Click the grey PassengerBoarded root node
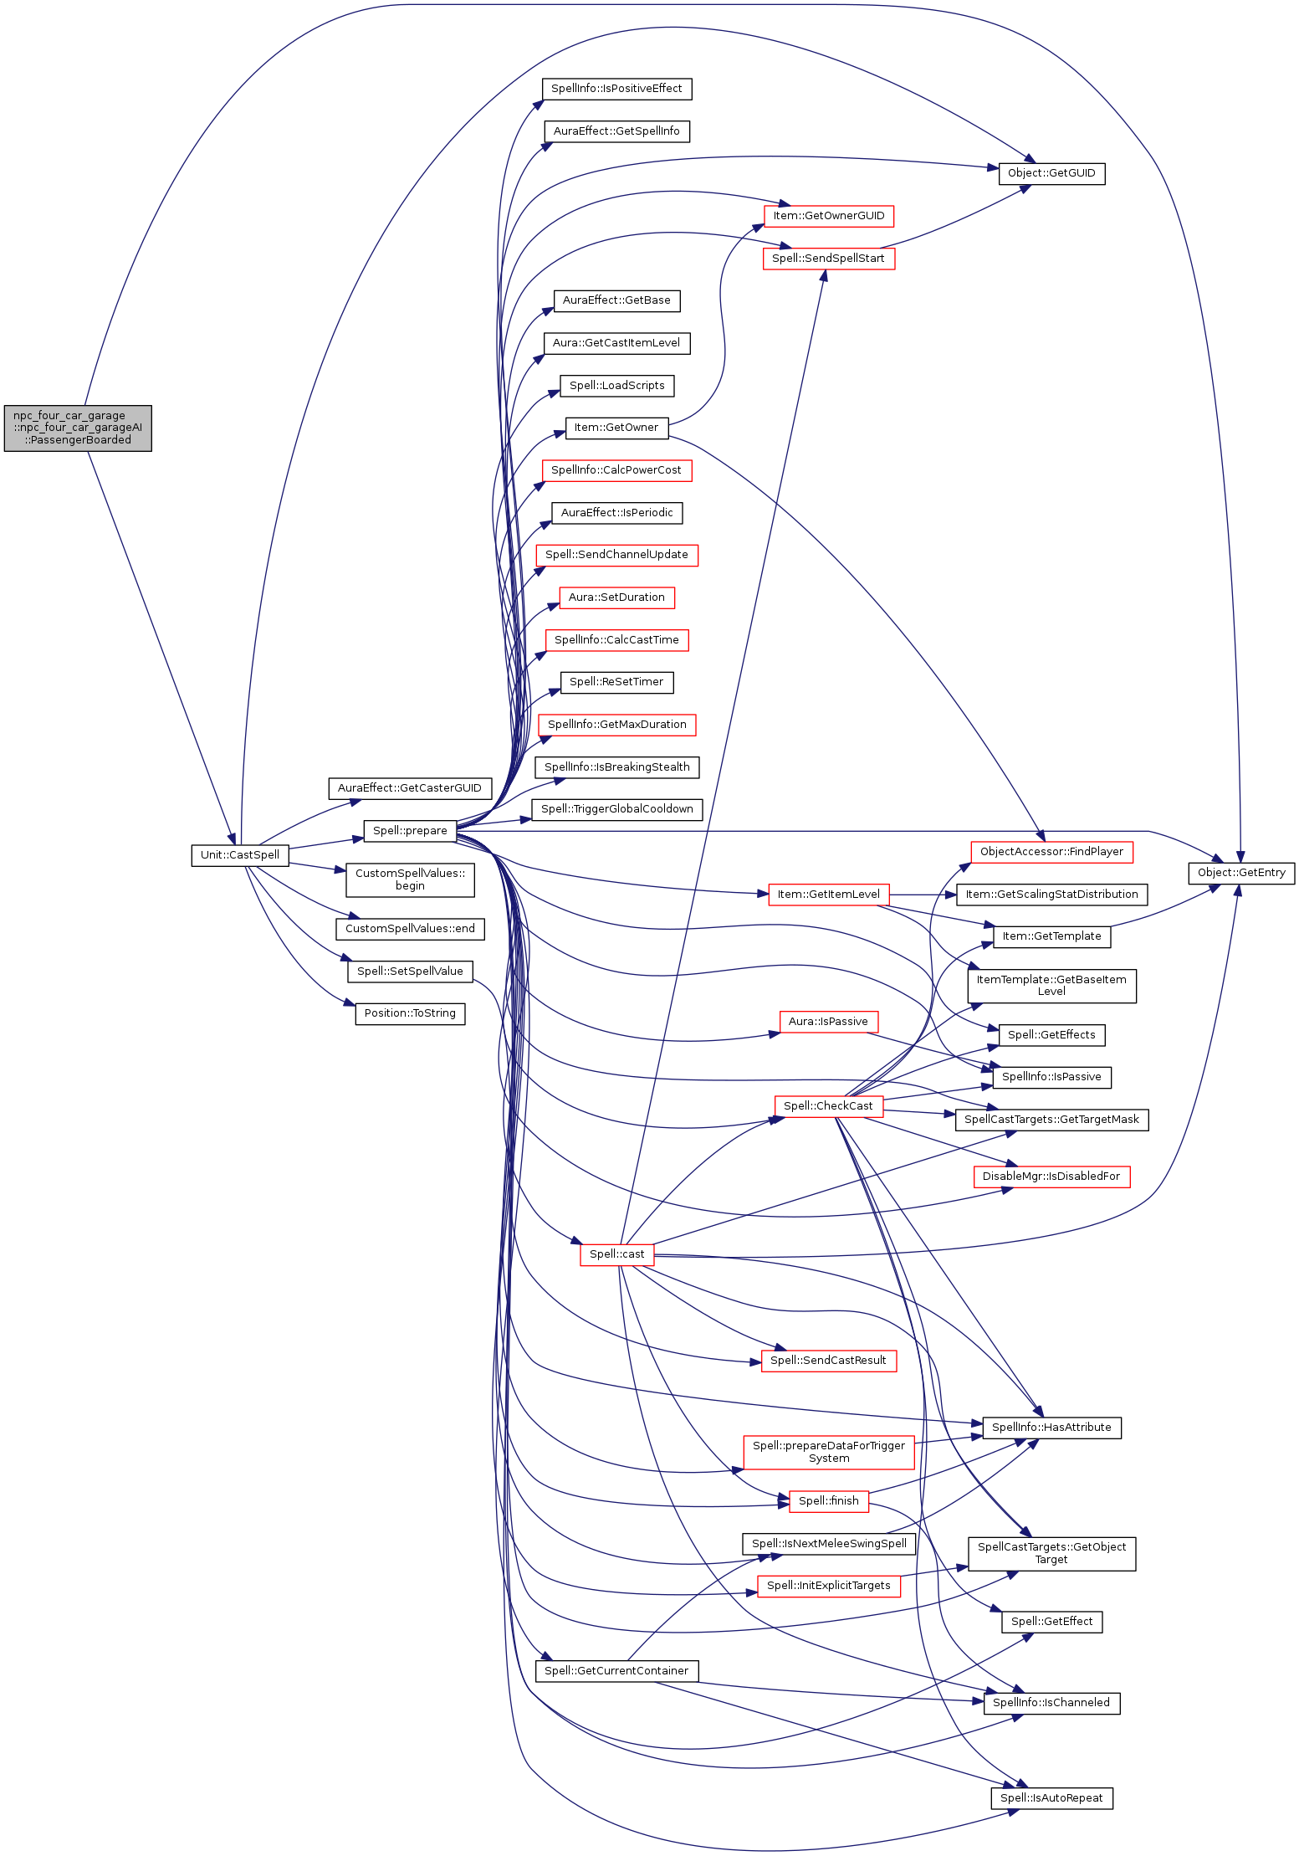(x=78, y=428)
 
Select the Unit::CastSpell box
(x=240, y=854)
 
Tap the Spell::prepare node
(x=410, y=830)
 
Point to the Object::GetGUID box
(x=1051, y=173)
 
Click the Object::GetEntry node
(x=1241, y=873)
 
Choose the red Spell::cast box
(x=616, y=1254)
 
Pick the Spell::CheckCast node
(x=828, y=1105)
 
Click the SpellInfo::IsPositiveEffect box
(x=616, y=89)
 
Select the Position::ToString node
(x=410, y=1013)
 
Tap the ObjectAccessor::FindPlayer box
(x=1051, y=852)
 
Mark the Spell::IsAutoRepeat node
(x=1051, y=1797)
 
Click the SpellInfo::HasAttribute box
(x=1051, y=1427)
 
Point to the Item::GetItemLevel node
(x=828, y=894)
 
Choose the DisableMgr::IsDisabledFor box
(x=1051, y=1176)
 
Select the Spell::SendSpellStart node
(x=828, y=258)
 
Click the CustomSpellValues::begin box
(x=410, y=879)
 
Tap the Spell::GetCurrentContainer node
(x=616, y=1670)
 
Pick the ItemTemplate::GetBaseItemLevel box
(x=1051, y=985)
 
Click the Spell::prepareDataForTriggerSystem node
(x=828, y=1452)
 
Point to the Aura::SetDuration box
(x=616, y=597)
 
